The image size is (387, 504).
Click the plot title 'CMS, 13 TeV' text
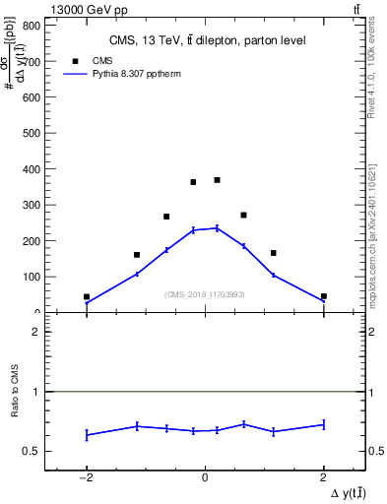tap(206, 40)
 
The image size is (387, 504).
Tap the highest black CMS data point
tap(217, 180)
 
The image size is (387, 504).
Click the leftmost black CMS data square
tap(87, 296)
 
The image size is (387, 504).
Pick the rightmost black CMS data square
tap(323, 296)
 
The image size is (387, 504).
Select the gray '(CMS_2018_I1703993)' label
tap(205, 294)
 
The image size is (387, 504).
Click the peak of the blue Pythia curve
tap(217, 227)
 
